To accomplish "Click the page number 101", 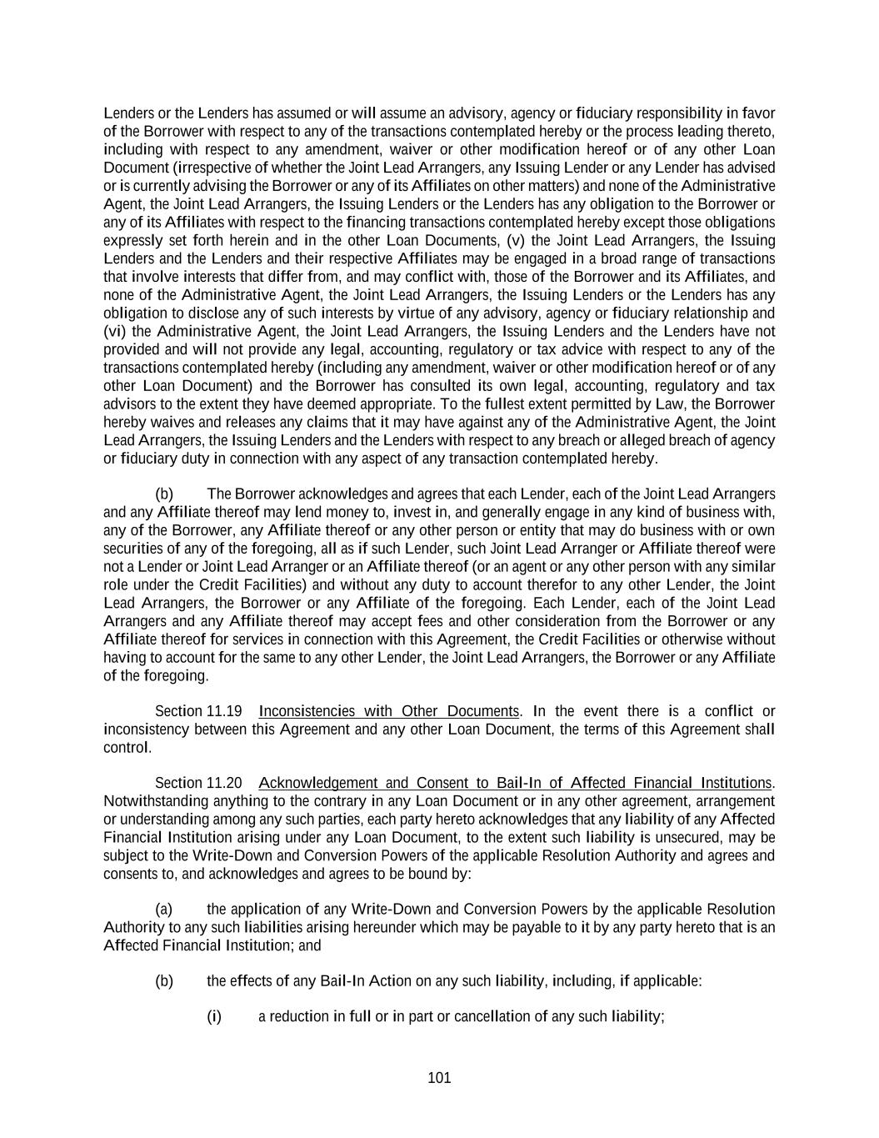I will pyautogui.click(x=439, y=1078).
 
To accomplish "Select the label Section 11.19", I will pyautogui.click(x=198, y=711).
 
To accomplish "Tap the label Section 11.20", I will pyautogui.click(x=198, y=783).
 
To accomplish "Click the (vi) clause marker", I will pyautogui.click(x=116, y=331).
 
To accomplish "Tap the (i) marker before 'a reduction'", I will pyautogui.click(x=214, y=1016).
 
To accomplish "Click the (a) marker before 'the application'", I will pyautogui.click(x=164, y=909).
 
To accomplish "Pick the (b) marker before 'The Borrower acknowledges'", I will pyautogui.click(x=164, y=494).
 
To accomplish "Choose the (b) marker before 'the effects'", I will pyautogui.click(x=164, y=980).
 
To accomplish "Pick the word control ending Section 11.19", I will pyautogui.click(x=126, y=747).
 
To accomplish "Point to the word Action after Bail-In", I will pyautogui.click(x=390, y=980).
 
